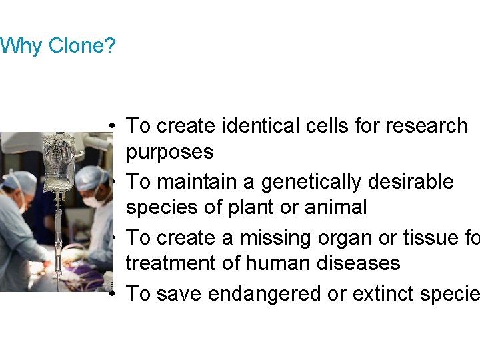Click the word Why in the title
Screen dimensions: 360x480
pyautogui.click(x=22, y=47)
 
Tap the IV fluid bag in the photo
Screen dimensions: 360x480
pyautogui.click(x=59, y=163)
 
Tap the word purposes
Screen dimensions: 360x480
pyautogui.click(x=170, y=152)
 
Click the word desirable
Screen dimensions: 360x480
pyautogui.click(x=415, y=181)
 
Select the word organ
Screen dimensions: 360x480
pyautogui.click(x=340, y=237)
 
